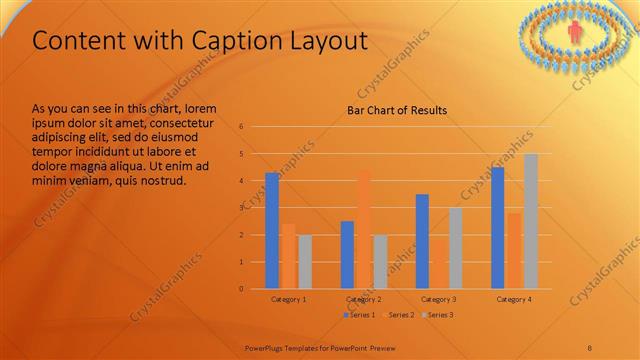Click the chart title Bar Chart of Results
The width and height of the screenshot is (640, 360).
396,110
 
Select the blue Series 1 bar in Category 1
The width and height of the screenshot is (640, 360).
272,230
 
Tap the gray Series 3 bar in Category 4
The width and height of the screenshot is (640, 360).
531,221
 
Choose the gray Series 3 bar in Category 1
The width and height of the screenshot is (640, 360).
305,261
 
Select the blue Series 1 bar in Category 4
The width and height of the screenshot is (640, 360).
498,227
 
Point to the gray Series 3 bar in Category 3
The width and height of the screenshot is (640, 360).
455,248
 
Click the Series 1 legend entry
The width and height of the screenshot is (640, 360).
360,315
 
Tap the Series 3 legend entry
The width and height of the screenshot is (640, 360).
439,315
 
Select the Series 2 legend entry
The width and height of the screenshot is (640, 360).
399,315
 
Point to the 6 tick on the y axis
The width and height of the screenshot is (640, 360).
241,127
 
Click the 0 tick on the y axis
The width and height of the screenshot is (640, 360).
241,289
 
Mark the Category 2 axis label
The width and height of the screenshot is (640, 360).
363,299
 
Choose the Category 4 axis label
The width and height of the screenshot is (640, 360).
514,299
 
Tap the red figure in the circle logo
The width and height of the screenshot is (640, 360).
574,32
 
